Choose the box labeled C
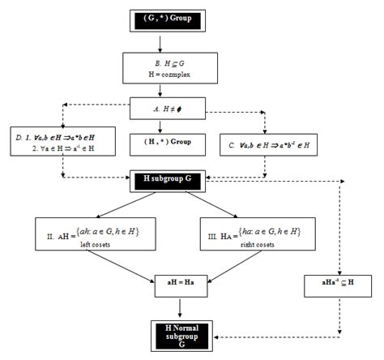click(x=265, y=142)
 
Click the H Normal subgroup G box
click(x=181, y=332)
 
